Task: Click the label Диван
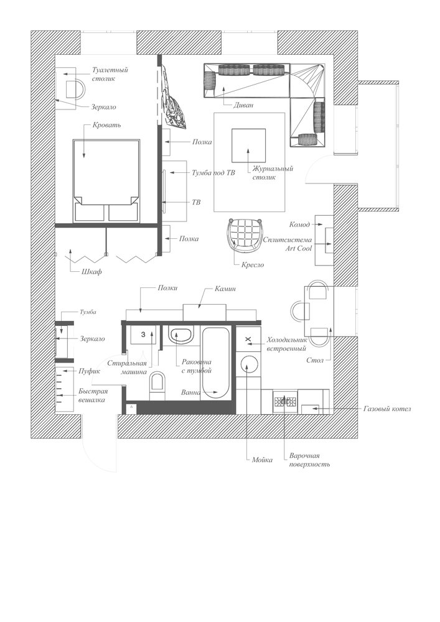[243, 105]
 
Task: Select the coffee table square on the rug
[249, 146]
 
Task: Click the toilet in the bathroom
[157, 386]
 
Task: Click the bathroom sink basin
[180, 336]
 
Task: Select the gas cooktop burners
[285, 401]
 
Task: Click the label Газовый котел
[387, 409]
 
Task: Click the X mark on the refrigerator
[248, 339]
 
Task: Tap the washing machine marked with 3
[143, 335]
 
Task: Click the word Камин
[225, 289]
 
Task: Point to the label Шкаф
[91, 272]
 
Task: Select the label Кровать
[106, 125]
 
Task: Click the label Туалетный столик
[110, 74]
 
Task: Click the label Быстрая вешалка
[93, 396]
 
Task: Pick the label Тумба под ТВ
[213, 172]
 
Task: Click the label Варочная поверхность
[309, 460]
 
